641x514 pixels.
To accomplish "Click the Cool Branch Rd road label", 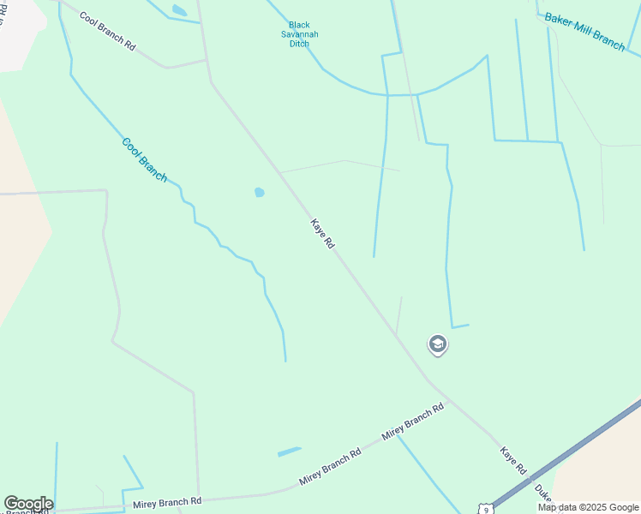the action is click(108, 31).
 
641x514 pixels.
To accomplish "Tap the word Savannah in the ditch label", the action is click(299, 34).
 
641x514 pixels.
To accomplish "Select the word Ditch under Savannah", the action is click(299, 44).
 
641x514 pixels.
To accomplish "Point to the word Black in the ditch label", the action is click(299, 25).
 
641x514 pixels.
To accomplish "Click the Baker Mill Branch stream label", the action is click(585, 32).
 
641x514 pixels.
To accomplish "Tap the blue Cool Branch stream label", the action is click(144, 159).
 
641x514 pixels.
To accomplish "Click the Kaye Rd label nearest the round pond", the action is click(322, 233).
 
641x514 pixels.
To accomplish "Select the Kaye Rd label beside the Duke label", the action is click(513, 460).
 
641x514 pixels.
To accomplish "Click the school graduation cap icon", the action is click(438, 344).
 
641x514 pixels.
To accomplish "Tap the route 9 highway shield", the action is click(485, 509).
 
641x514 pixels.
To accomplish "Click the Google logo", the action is click(28, 504).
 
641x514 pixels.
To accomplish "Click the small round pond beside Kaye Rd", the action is click(259, 193).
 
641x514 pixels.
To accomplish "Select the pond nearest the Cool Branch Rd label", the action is click(179, 10).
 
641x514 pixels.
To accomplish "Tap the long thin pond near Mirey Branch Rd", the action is click(290, 451).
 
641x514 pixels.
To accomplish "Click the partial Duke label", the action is click(543, 493).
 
